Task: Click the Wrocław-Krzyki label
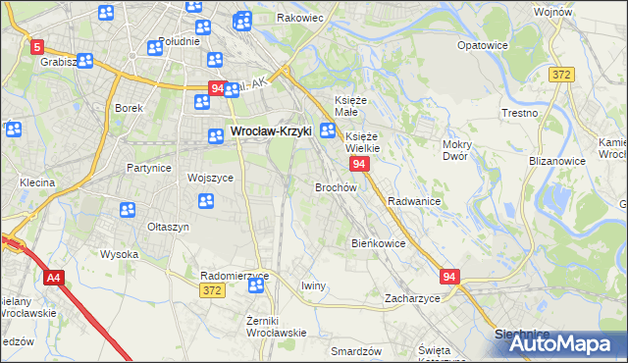point(270,130)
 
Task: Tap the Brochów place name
point(336,186)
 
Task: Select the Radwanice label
point(413,200)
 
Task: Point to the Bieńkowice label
point(379,242)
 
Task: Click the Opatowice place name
point(485,45)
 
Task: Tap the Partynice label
point(149,168)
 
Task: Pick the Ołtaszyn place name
point(168,227)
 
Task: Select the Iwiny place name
point(313,285)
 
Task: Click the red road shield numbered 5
point(37,46)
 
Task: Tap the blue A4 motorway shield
point(53,279)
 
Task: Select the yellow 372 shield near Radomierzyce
point(211,290)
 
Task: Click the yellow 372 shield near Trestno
point(561,75)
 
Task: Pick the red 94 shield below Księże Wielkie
point(359,164)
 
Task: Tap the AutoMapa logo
point(561,344)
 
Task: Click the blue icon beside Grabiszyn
point(84,61)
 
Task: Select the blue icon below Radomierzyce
point(257,285)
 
